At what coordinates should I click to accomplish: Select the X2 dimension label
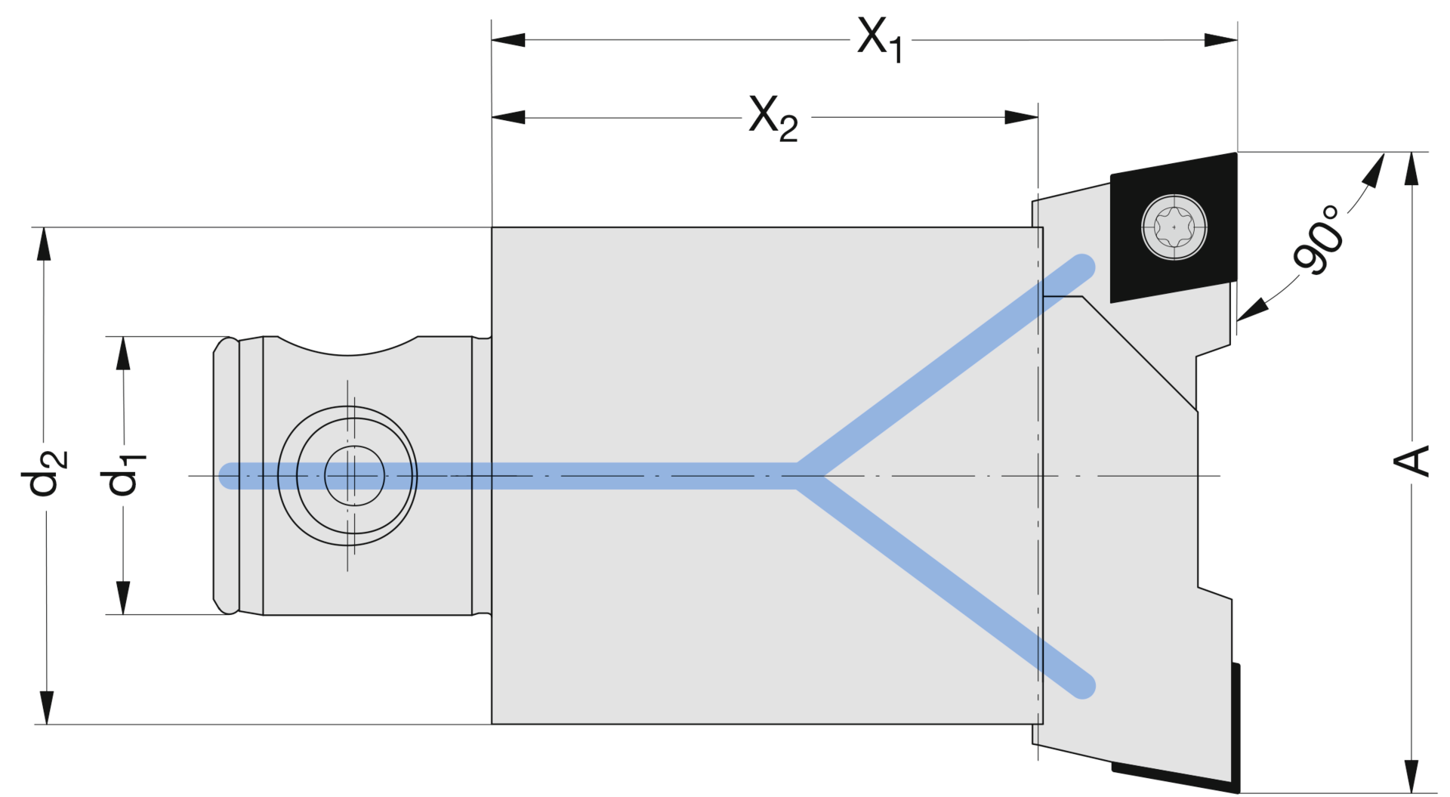[773, 118]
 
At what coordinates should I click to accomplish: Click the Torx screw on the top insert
[1174, 227]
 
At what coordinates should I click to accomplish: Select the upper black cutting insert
[1172, 227]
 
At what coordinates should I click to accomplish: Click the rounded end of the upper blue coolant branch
[1083, 267]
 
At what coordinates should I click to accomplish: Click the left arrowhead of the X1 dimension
[507, 39]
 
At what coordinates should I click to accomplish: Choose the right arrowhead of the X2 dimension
[1022, 118]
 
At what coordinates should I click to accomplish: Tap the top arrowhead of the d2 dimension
[45, 243]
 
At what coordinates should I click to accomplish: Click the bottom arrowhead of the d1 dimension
[123, 598]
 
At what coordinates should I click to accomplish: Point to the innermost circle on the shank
[354, 476]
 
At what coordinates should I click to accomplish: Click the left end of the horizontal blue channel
[231, 476]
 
